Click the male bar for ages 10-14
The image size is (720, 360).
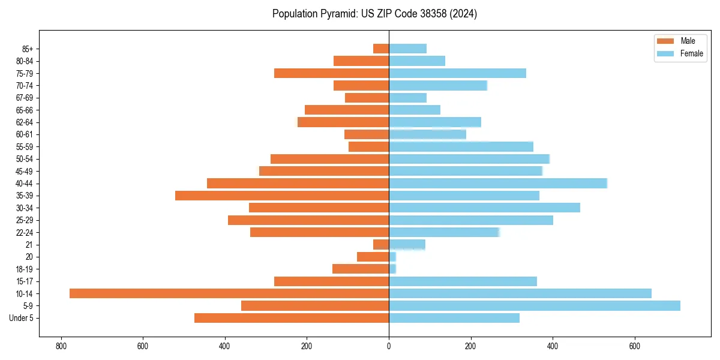(229, 293)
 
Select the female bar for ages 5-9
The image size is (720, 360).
(534, 305)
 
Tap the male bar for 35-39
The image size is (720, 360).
(282, 196)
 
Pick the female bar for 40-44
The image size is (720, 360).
(498, 183)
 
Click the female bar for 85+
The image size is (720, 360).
(407, 49)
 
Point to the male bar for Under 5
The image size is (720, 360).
(292, 318)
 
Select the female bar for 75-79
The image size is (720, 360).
(457, 73)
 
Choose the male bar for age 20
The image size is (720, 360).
(373, 257)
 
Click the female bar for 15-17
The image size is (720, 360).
(463, 281)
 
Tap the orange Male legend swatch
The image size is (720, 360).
(666, 41)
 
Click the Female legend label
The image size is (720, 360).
(691, 53)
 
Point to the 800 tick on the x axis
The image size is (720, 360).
(61, 346)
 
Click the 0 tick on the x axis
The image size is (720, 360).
(389, 346)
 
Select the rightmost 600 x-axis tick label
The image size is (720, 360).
(635, 346)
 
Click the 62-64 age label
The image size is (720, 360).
(25, 122)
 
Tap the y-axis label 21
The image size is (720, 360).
(29, 245)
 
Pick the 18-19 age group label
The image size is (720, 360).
(25, 269)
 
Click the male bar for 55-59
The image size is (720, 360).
(368, 146)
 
